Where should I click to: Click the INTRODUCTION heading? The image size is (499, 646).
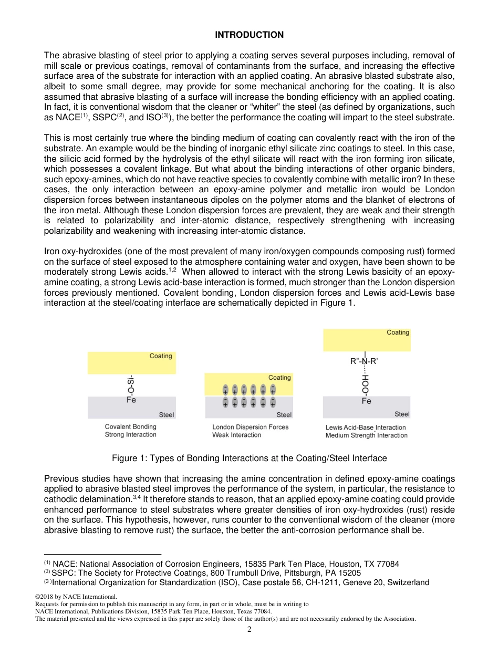249,35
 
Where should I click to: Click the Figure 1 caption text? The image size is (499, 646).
249,458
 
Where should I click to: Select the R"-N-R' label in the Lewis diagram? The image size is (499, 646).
364,361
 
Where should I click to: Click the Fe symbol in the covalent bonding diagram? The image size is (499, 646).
131,400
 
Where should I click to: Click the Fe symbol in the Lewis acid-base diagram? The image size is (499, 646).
366,401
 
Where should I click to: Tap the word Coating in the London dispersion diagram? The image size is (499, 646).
279,378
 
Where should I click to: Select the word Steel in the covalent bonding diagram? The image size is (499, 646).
166,414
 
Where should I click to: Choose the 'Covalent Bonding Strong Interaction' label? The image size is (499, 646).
131,431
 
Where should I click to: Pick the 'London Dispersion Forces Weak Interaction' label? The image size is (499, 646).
250,431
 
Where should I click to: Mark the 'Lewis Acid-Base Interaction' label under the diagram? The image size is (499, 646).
366,428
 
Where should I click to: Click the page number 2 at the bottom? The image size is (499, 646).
250,629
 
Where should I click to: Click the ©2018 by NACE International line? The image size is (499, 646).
76,597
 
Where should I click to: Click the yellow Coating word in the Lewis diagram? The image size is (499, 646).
398,332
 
